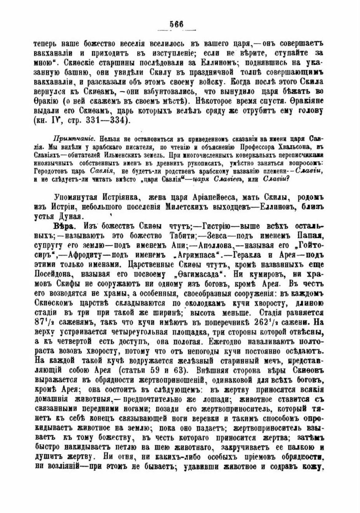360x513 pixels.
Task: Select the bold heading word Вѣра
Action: [63, 226]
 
